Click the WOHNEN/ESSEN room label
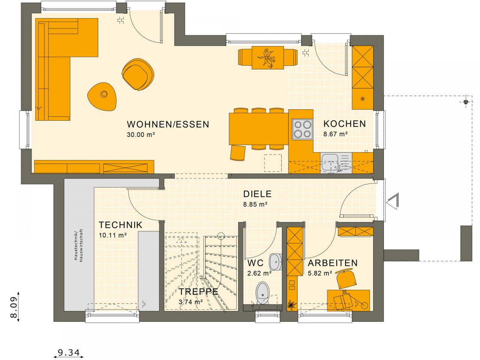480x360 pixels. tap(168, 124)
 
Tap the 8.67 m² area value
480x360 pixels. tap(335, 134)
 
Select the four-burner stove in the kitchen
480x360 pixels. tap(302, 129)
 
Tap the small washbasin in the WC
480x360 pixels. tap(276, 261)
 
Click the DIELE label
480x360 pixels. tap(257, 194)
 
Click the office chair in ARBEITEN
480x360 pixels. tap(345, 278)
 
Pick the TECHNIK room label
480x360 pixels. tap(120, 225)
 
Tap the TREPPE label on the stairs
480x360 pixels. tap(198, 292)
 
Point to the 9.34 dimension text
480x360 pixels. tap(69, 353)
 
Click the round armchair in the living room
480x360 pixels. tap(138, 75)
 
